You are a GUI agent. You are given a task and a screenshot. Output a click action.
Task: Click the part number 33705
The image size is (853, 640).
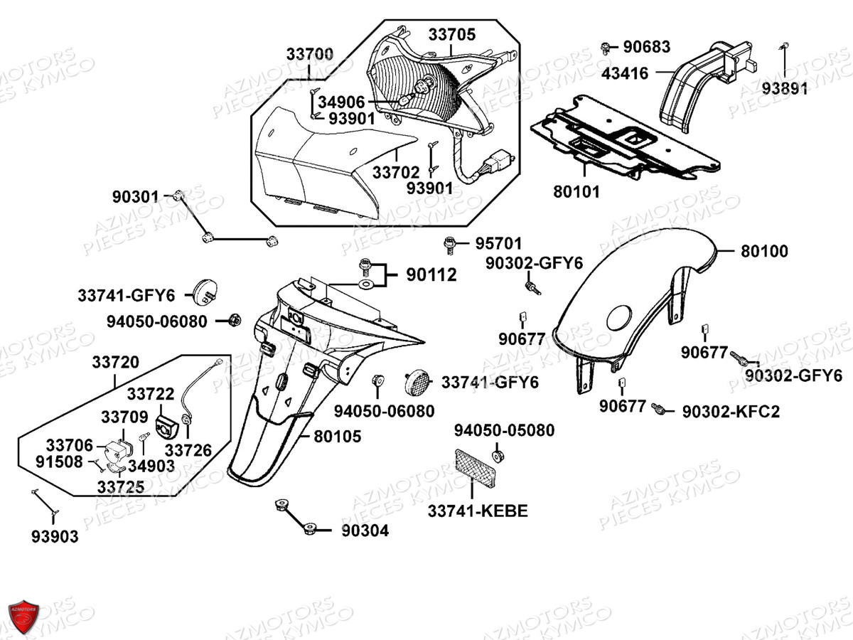tap(452, 35)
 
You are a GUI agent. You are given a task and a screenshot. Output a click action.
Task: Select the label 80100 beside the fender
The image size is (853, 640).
tap(764, 252)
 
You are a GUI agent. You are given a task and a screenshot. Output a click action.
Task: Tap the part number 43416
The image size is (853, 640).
tap(625, 73)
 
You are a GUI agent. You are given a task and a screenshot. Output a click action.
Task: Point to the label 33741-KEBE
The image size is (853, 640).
tap(478, 511)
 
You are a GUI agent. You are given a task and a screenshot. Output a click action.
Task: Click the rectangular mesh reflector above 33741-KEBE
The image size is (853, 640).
tap(476, 468)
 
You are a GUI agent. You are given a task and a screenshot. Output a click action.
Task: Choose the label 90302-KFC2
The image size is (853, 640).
tap(731, 412)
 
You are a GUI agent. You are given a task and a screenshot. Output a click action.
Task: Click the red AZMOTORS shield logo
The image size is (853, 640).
tap(23, 617)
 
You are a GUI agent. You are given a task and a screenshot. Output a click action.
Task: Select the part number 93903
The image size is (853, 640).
tap(55, 537)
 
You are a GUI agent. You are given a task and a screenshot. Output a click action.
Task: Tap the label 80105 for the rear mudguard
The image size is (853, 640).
tap(338, 437)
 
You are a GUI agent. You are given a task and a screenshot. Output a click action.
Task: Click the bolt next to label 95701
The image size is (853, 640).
tap(449, 245)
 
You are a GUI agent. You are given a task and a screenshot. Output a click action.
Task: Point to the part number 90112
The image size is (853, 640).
tap(431, 275)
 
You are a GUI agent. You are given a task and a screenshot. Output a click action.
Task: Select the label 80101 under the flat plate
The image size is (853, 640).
tap(576, 192)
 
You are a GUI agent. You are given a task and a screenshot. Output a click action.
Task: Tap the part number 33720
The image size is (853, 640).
tap(115, 362)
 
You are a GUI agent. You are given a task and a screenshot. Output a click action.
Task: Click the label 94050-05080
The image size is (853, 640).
tap(505, 430)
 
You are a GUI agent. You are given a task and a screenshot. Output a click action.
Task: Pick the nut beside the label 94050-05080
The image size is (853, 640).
tap(497, 456)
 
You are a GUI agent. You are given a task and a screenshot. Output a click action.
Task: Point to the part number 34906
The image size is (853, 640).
tap(342, 102)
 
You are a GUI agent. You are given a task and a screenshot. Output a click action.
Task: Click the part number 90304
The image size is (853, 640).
tap(365, 530)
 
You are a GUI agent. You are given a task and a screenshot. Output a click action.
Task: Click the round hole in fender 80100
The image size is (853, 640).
tap(619, 318)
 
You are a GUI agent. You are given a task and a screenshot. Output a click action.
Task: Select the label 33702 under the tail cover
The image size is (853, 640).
tap(396, 173)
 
